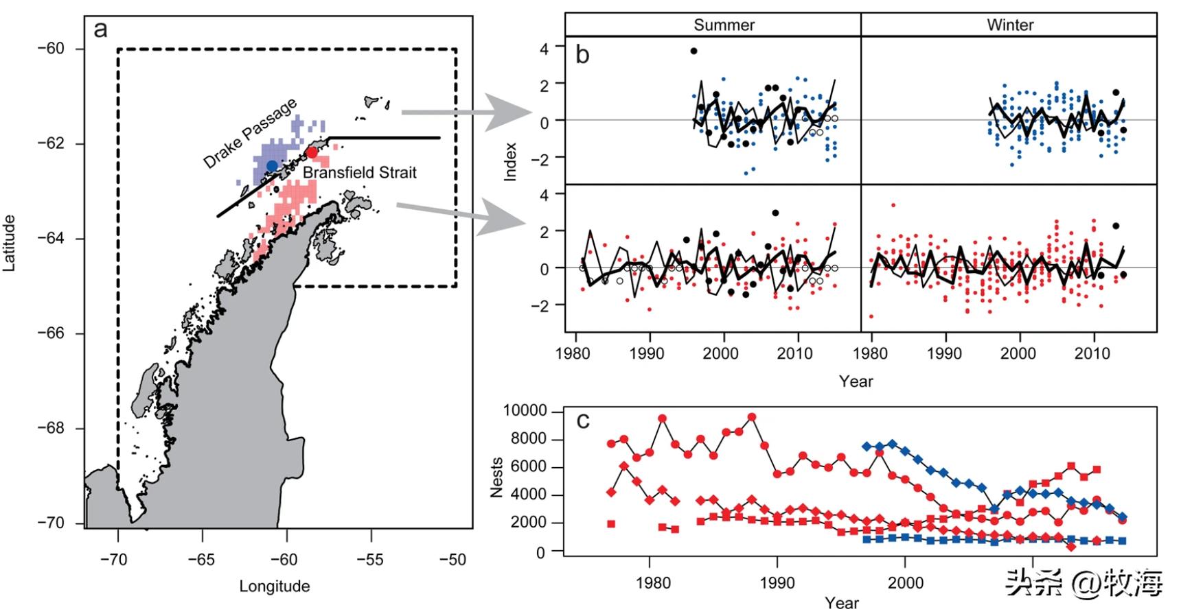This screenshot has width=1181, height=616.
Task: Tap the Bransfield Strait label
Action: (360, 173)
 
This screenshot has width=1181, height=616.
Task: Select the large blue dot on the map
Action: (272, 166)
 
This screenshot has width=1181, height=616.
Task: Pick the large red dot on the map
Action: (312, 152)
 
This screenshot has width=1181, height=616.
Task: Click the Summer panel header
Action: (724, 25)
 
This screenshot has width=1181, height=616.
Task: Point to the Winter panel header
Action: (1009, 25)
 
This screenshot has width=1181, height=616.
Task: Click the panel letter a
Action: (101, 29)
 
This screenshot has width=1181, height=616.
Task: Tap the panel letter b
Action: (582, 55)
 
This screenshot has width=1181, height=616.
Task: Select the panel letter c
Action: (583, 420)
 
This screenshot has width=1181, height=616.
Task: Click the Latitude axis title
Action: (10, 243)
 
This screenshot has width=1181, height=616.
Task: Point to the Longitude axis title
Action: (275, 587)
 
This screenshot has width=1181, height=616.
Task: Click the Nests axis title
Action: (497, 477)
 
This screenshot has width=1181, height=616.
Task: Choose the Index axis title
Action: (510, 162)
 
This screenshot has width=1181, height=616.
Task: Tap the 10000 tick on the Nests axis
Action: (525, 411)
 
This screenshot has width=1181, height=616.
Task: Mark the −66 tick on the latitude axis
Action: (51, 333)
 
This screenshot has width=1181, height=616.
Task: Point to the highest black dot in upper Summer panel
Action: (693, 51)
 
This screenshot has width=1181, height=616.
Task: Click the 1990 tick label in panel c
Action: (777, 583)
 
